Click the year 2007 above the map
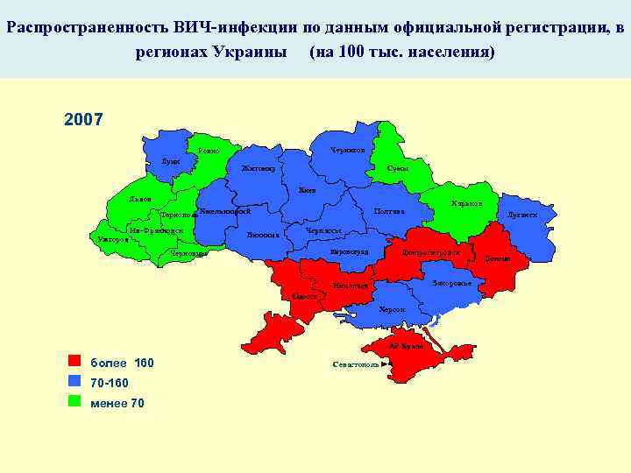[84, 118]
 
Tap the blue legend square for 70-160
[74, 382]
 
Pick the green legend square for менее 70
[74, 402]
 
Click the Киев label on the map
[307, 190]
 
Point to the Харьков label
[467, 203]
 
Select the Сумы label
[398, 168]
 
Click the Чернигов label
[348, 151]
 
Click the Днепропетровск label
[430, 252]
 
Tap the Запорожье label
[452, 283]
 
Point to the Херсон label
[393, 310]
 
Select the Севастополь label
[355, 364]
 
